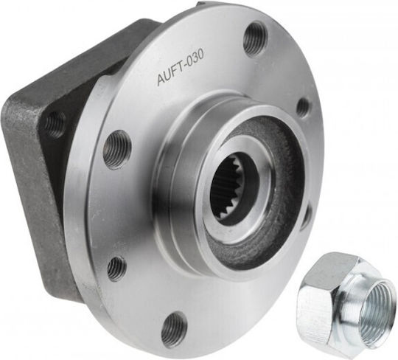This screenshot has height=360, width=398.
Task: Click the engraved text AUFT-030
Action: click(x=181, y=67)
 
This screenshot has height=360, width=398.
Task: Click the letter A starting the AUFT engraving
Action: click(x=161, y=80)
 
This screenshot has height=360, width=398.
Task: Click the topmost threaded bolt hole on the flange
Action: click(x=256, y=38)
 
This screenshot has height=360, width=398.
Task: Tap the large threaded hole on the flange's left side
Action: click(x=117, y=150)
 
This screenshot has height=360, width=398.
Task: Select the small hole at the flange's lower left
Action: click(x=116, y=269)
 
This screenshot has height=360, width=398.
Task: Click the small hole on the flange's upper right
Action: click(x=303, y=107)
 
